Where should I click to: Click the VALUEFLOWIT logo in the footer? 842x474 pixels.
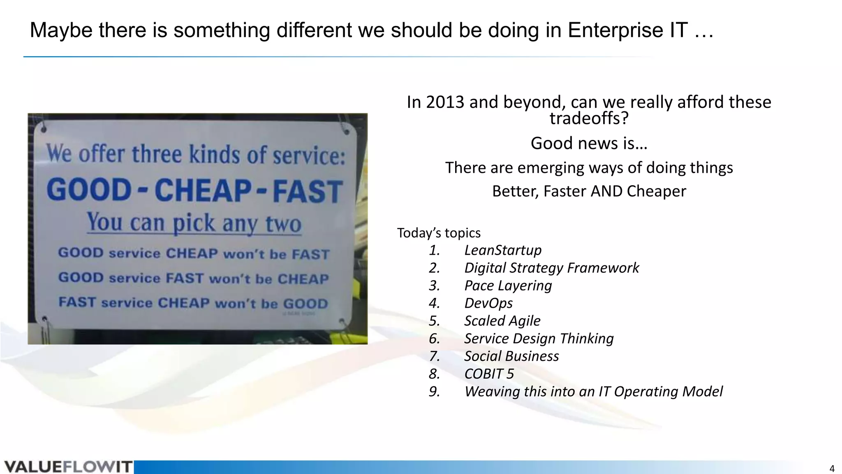coord(68,467)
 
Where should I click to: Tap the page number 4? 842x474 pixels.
coord(832,469)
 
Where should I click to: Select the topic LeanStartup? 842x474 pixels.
coord(502,250)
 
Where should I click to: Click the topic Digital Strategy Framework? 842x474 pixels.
coord(551,268)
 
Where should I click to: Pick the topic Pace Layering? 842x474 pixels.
coord(508,286)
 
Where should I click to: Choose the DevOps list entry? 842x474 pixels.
coord(488,303)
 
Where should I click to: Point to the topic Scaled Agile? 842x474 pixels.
coord(502,321)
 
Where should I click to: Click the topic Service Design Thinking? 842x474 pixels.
coord(539,339)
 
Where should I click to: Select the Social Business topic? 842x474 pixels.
coord(511,356)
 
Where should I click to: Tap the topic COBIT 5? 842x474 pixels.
coord(489,374)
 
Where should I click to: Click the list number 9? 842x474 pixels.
coord(434,392)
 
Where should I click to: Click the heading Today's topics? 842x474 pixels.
coord(439,233)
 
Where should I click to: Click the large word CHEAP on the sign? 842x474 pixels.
coord(203,191)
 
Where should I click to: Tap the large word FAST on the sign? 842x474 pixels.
coord(308,192)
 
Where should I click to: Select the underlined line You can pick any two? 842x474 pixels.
coord(194,223)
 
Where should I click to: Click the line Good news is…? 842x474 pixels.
coord(589,144)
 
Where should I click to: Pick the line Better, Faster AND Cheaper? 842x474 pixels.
coord(589,191)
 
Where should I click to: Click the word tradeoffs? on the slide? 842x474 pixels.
coord(589,118)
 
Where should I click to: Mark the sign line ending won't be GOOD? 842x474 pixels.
coord(193,303)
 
